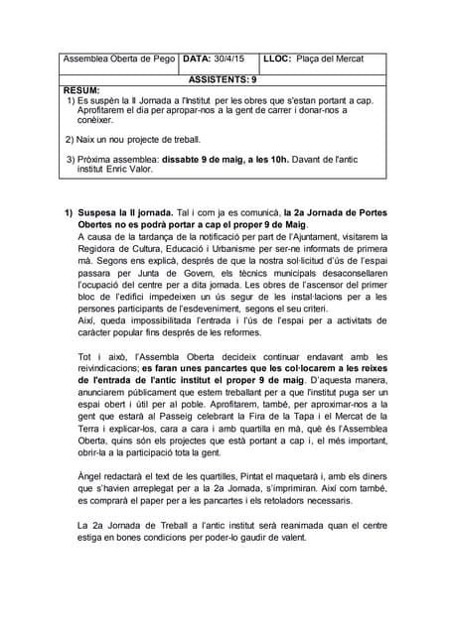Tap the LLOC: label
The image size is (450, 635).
pyautogui.click(x=281, y=59)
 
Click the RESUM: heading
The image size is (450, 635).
pyautogui.click(x=81, y=90)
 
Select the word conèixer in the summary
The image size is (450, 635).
pyautogui.click(x=95, y=120)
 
